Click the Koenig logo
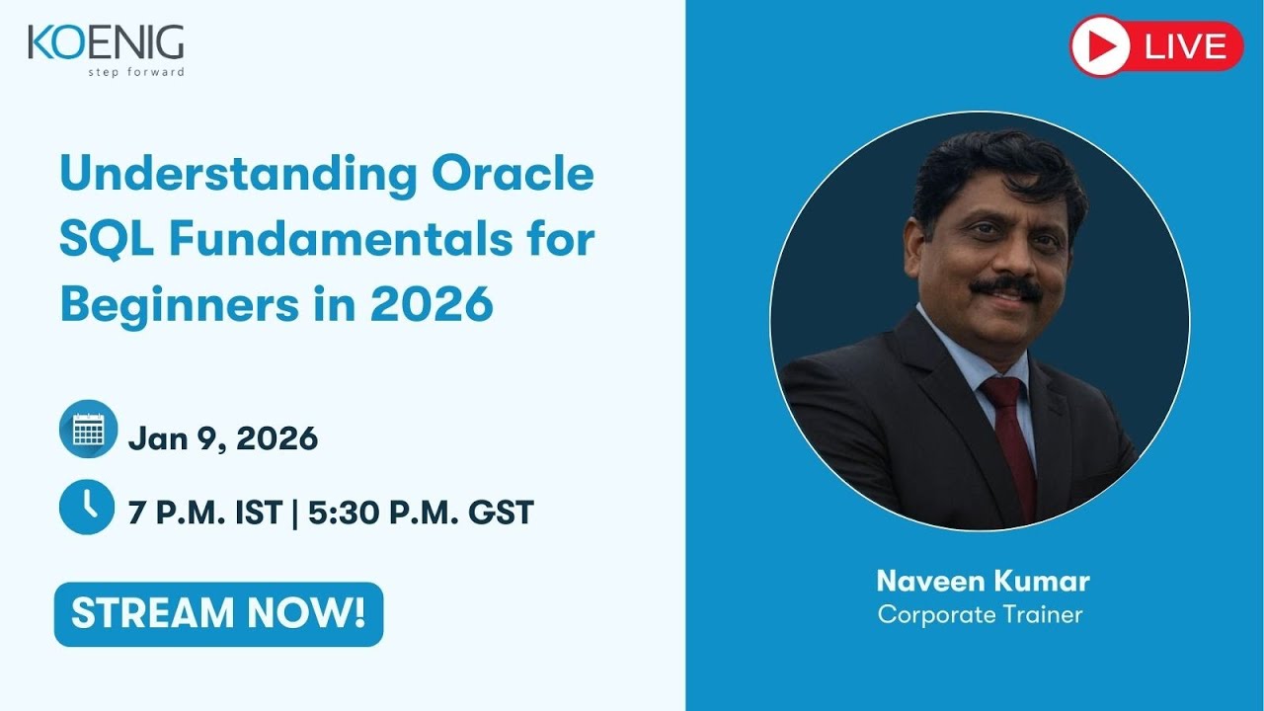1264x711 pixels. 105,43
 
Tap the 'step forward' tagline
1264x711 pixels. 136,72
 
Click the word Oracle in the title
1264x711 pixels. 513,175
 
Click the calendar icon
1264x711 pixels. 88,430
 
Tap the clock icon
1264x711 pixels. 88,506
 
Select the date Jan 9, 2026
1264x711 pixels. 223,438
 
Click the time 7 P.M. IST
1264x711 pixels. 204,513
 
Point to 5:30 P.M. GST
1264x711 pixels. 421,513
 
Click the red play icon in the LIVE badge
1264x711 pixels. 1100,46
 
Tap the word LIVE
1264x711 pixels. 1185,46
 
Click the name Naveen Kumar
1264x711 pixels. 983,580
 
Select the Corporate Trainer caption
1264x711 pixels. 980,614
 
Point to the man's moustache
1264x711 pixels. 1004,288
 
